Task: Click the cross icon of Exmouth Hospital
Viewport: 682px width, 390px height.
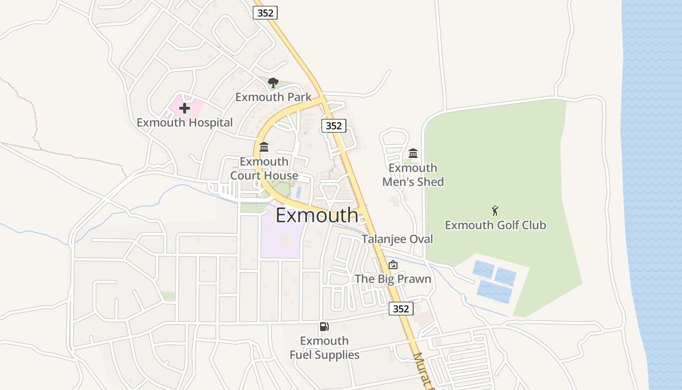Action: [185, 108]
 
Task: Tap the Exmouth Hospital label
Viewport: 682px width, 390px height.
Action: [185, 122]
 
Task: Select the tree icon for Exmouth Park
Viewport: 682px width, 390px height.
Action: [273, 83]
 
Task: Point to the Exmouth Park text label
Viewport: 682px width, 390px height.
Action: [273, 97]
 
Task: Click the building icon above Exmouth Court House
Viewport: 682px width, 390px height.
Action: [264, 147]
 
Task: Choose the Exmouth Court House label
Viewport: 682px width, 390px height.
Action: [264, 168]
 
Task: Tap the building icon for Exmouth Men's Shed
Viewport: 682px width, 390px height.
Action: [413, 154]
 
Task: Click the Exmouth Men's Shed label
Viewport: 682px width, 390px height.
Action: [413, 175]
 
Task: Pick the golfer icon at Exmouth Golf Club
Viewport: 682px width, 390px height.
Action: [495, 211]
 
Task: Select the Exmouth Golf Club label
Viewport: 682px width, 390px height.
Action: [495, 225]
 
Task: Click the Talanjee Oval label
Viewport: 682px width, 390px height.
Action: [397, 239]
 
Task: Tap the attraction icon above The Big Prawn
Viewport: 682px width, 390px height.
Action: [393, 265]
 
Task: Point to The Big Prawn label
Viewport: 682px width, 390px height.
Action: [393, 279]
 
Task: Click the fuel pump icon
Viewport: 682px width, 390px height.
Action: [324, 327]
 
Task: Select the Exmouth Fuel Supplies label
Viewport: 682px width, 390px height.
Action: [324, 348]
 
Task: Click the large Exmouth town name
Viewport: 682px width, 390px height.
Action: [317, 215]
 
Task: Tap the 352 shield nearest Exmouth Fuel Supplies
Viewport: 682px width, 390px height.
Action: [401, 309]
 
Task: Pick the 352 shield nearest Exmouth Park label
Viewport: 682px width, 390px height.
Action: [334, 126]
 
